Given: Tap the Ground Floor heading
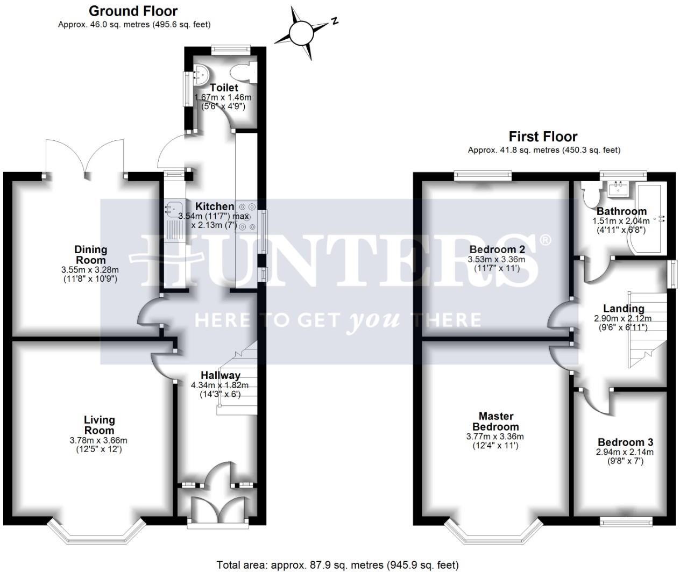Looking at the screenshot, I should coord(133,11).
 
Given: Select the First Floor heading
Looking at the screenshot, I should coord(543,137).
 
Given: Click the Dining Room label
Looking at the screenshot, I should coord(90,254).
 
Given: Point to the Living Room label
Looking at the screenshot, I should coord(99,425).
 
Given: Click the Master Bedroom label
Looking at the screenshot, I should coord(496,421).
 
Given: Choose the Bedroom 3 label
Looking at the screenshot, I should coord(625,442).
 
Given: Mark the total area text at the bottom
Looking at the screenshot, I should coord(337,564).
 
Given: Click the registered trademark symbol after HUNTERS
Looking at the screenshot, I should coord(546,240).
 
